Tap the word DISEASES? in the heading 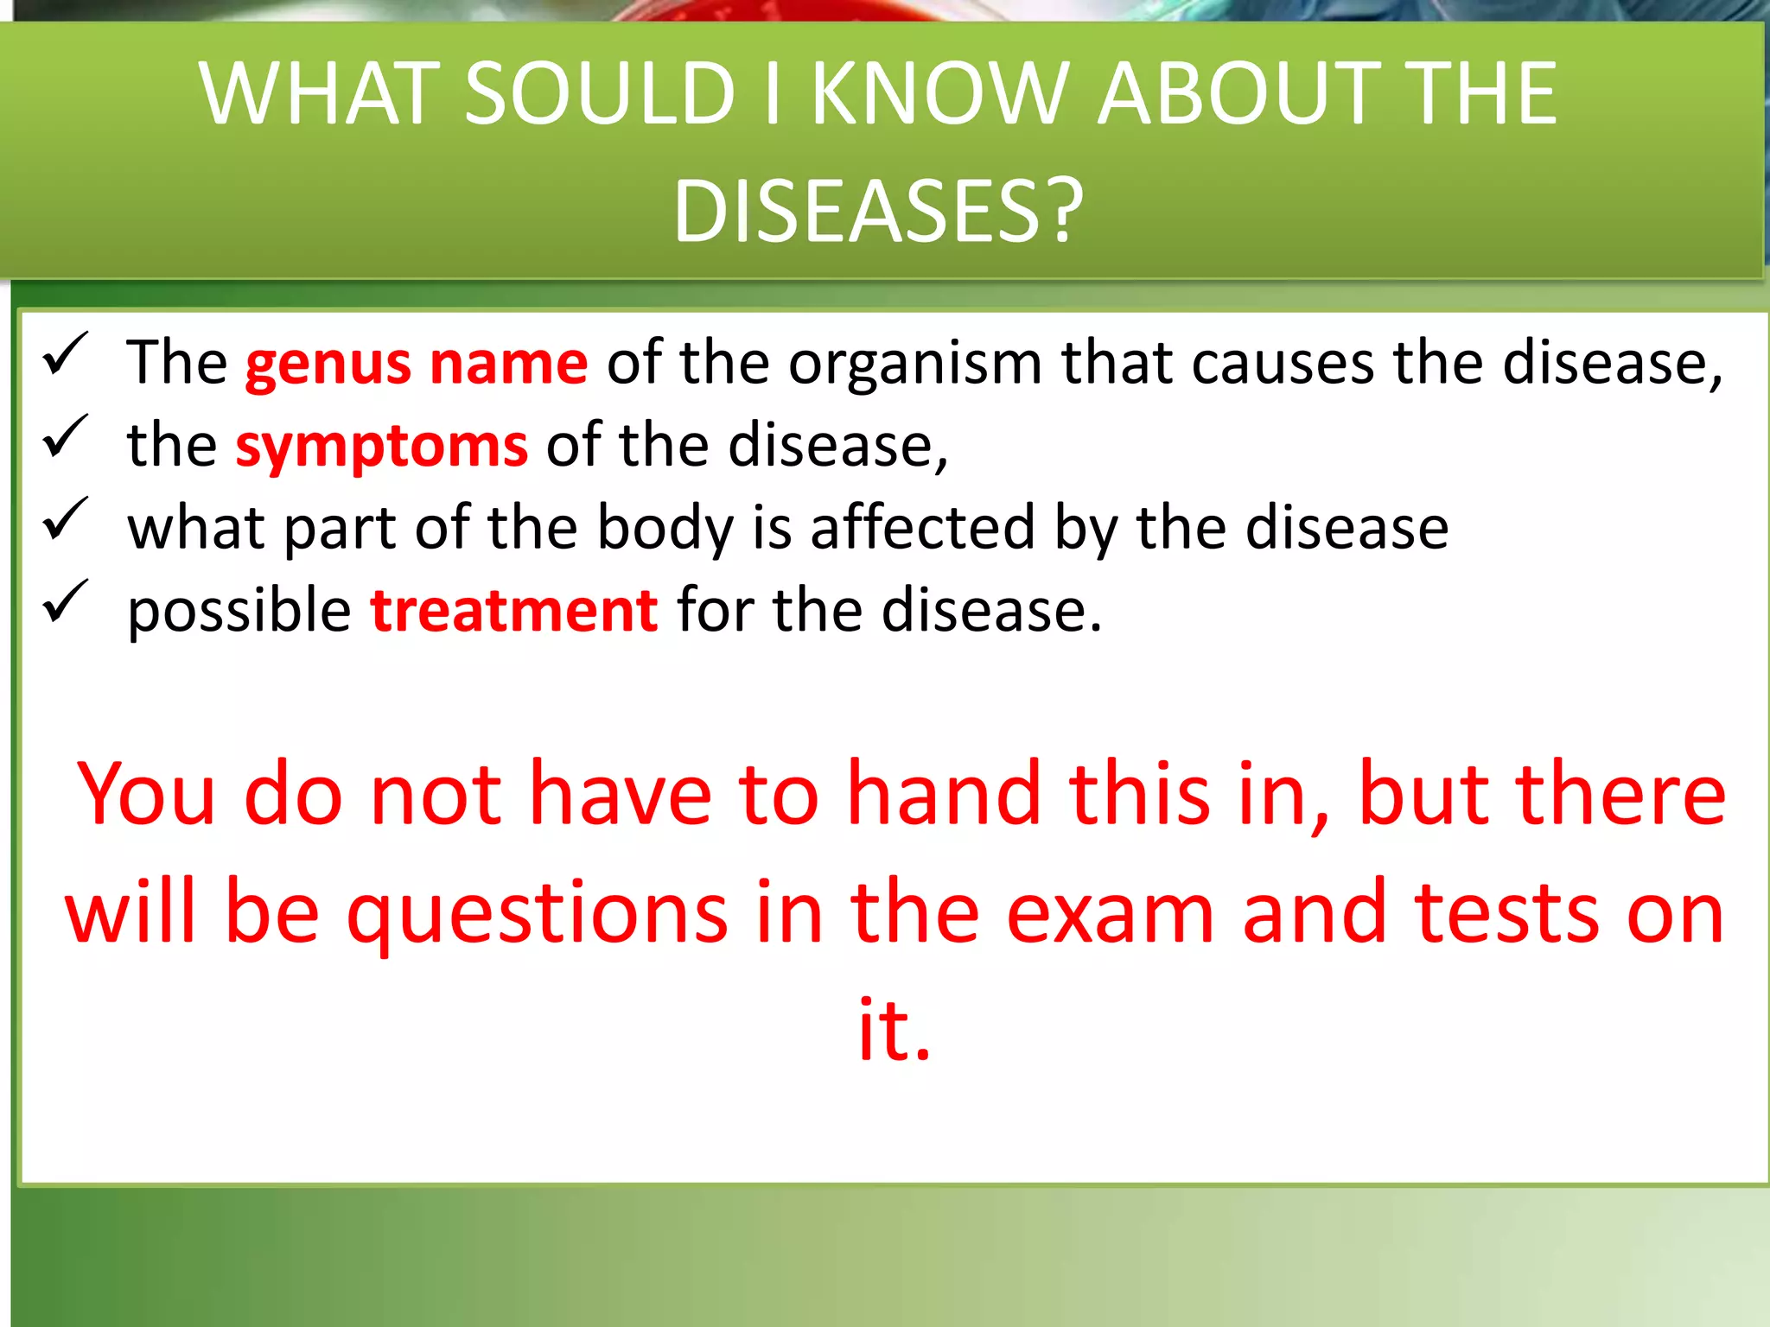(877, 212)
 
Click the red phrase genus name (417, 363)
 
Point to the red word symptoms (381, 447)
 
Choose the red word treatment (514, 611)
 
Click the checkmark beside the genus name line (66, 354)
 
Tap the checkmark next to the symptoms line (66, 436)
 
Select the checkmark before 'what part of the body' (66, 519)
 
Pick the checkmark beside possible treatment (66, 601)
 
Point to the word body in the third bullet (665, 529)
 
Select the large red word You (146, 794)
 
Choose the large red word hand (943, 794)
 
